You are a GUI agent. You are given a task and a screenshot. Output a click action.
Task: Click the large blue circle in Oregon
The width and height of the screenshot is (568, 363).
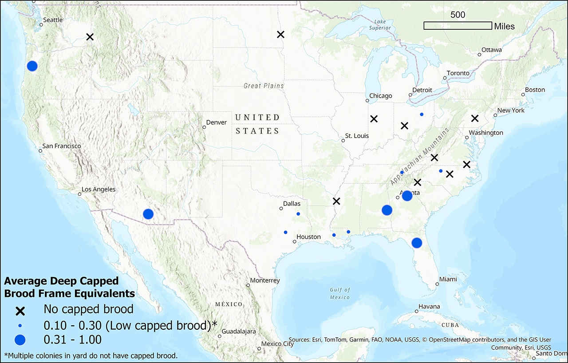click(x=32, y=66)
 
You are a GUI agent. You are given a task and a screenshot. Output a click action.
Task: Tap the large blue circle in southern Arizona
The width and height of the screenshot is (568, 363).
click(x=148, y=214)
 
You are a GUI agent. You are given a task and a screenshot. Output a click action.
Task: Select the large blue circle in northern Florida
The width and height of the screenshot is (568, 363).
click(x=417, y=243)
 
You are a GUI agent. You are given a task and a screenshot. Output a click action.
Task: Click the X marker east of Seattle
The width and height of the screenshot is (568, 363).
click(x=90, y=37)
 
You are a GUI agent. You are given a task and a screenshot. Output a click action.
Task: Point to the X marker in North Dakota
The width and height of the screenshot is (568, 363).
click(x=280, y=34)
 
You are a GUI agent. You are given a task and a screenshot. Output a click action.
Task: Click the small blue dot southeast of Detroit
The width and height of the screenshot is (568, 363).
click(x=422, y=114)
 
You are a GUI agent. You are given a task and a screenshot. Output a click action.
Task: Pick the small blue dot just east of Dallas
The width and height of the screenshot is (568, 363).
click(x=298, y=214)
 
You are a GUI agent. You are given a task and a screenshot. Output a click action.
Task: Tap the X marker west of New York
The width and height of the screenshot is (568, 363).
click(x=475, y=118)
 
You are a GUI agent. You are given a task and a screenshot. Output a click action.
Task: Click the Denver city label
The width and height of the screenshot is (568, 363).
click(x=216, y=122)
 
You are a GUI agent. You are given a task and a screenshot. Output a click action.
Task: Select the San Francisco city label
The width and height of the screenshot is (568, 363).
click(x=62, y=146)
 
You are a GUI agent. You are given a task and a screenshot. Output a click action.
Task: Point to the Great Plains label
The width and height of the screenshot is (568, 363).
click(x=264, y=86)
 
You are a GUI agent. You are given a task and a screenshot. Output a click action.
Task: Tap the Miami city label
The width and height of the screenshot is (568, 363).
click(x=448, y=280)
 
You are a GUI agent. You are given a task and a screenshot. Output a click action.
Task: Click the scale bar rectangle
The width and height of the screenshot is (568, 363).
click(x=458, y=26)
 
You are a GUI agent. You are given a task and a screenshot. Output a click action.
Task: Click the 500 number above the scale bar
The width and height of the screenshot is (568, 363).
click(x=458, y=15)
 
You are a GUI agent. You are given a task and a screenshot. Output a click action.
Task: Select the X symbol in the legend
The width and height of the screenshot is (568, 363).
click(x=20, y=310)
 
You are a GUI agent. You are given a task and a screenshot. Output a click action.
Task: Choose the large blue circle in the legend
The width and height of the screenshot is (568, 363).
click(x=20, y=340)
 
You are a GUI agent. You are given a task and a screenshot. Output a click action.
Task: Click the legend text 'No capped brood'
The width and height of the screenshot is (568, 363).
click(x=88, y=309)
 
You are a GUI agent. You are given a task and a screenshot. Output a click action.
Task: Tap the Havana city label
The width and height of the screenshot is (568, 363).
click(x=429, y=307)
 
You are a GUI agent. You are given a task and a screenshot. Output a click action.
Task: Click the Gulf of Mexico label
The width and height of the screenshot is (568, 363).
click(x=339, y=293)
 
